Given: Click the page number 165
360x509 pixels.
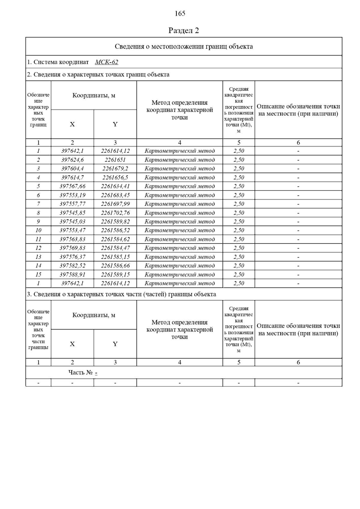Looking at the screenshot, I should pyautogui.click(x=180, y=13).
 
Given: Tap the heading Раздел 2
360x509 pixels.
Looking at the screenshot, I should pyautogui.click(x=184, y=31).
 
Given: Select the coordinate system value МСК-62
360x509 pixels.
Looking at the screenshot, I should pyautogui.click(x=106, y=62).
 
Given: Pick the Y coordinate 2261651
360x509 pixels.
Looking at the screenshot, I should pyautogui.click(x=115, y=160).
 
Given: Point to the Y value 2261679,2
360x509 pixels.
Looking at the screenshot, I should pyautogui.click(x=115, y=168).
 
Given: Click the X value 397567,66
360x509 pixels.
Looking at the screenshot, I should pyautogui.click(x=72, y=186).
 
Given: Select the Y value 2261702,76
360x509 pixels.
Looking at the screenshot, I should pyautogui.click(x=115, y=213).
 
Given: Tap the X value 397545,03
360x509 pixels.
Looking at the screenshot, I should pyautogui.click(x=72, y=222).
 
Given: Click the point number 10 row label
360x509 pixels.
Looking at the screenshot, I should pyautogui.click(x=38, y=230).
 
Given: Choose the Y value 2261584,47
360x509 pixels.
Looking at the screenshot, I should pyautogui.click(x=115, y=248).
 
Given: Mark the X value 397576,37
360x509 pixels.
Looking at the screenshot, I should pyautogui.click(x=72, y=257).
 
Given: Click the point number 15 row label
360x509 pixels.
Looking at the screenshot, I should pyautogui.click(x=38, y=275).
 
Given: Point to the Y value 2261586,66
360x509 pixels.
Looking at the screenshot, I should pyautogui.click(x=115, y=266).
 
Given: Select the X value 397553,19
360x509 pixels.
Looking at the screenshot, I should pyautogui.click(x=72, y=195).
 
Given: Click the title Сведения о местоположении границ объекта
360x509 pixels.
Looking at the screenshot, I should pyautogui.click(x=184, y=46).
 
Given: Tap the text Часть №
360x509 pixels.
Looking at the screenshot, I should pyautogui.click(x=80, y=373).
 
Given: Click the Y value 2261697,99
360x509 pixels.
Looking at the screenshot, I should pyautogui.click(x=115, y=204).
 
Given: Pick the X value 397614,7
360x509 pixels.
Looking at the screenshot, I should pyautogui.click(x=72, y=177).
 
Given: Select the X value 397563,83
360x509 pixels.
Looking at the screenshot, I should pyautogui.click(x=72, y=239).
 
